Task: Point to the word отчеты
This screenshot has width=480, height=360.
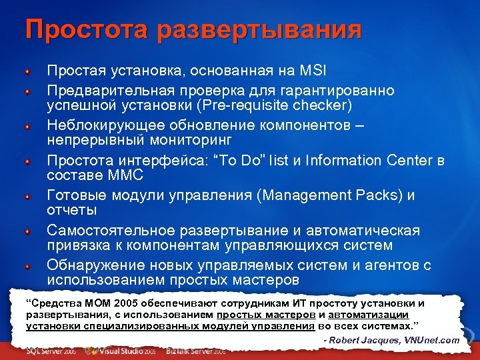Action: [71, 210]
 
